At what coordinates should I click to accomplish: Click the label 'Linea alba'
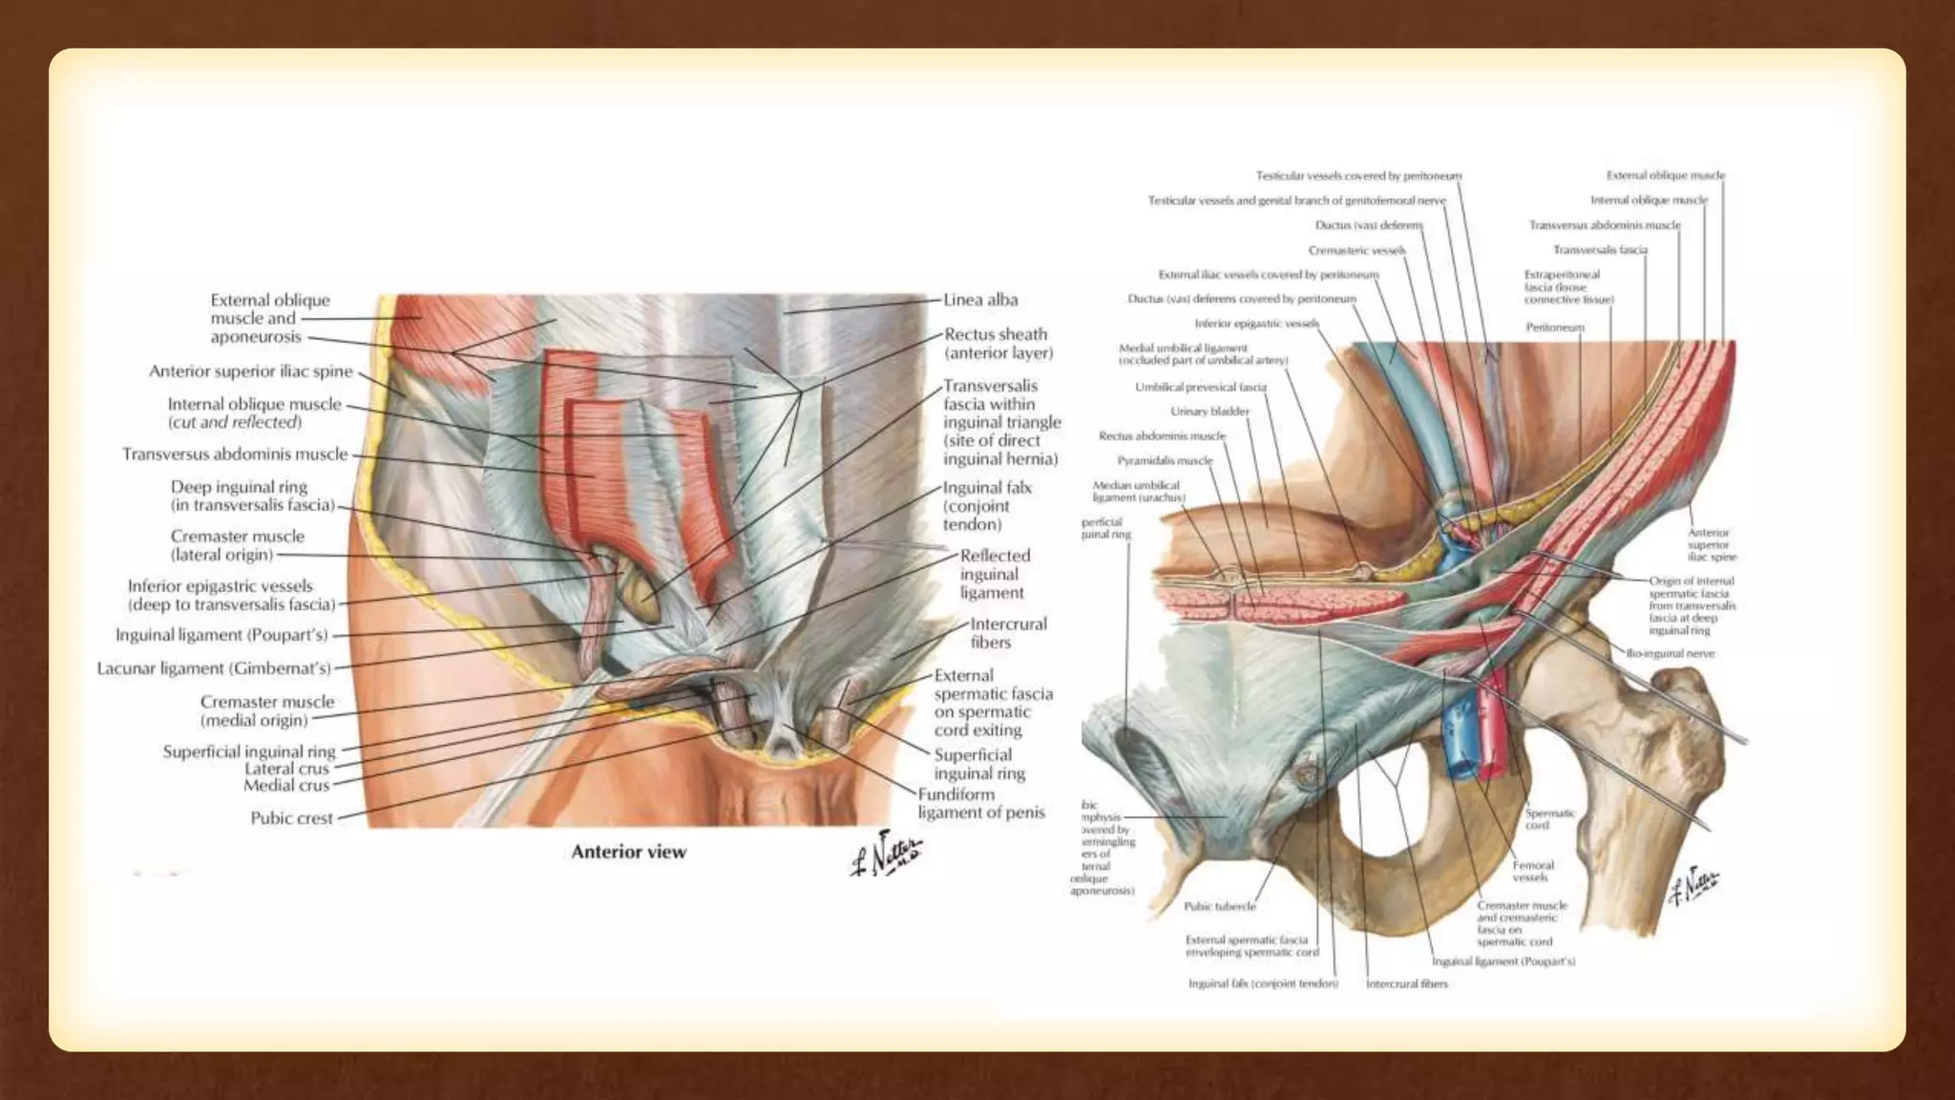pyautogui.click(x=980, y=300)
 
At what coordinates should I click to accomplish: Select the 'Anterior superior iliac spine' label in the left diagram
pyautogui.click(x=250, y=371)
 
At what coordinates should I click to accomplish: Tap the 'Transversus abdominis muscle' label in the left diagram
pyautogui.click(x=235, y=455)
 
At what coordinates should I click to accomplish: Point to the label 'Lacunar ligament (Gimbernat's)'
pyautogui.click(x=214, y=668)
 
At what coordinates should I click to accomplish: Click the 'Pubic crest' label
pyautogui.click(x=291, y=818)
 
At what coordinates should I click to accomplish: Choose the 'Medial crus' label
pyautogui.click(x=285, y=786)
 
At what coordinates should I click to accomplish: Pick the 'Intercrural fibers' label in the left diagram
pyautogui.click(x=1008, y=633)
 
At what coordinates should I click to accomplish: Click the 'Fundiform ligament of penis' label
pyautogui.click(x=980, y=803)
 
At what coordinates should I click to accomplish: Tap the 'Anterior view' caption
pyautogui.click(x=628, y=852)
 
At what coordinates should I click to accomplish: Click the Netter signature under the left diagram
pyautogui.click(x=885, y=853)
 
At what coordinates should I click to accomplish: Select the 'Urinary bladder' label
pyautogui.click(x=1209, y=412)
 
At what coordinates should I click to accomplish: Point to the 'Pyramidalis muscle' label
pyautogui.click(x=1165, y=460)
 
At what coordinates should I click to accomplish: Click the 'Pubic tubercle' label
pyautogui.click(x=1219, y=906)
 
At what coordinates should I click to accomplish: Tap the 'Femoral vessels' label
pyautogui.click(x=1532, y=871)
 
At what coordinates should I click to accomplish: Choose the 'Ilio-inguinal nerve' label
pyautogui.click(x=1671, y=654)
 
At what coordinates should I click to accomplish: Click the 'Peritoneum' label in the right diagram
pyautogui.click(x=1554, y=328)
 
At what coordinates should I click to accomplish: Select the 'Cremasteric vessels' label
pyautogui.click(x=1356, y=250)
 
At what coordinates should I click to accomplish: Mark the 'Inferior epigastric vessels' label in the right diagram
pyautogui.click(x=1256, y=324)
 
